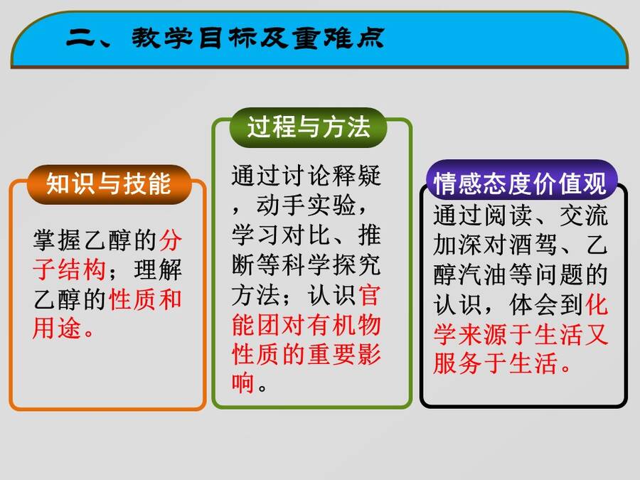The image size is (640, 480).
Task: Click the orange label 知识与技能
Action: (x=109, y=184)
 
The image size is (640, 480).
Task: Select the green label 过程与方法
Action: (x=309, y=127)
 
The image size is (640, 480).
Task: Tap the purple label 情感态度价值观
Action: (x=520, y=183)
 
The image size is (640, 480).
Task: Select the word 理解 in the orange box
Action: (x=158, y=270)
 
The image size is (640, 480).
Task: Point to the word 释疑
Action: (x=356, y=176)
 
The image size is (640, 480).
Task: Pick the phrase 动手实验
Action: (x=306, y=205)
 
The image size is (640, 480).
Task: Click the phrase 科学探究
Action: (x=331, y=265)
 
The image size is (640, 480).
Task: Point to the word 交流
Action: (x=584, y=215)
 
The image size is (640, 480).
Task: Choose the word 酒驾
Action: (x=533, y=245)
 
